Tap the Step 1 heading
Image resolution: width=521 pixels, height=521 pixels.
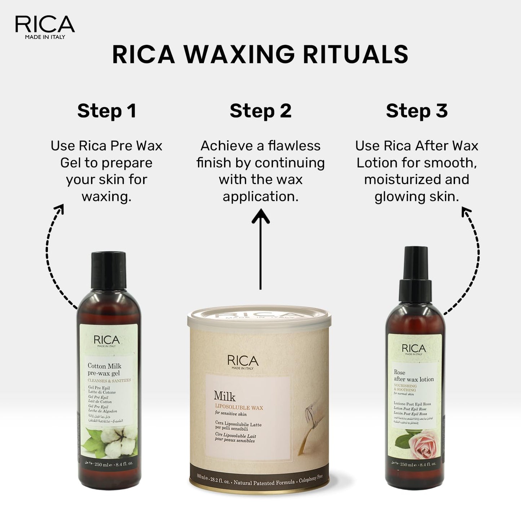click(107, 111)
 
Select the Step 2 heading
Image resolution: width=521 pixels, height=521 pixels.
click(260, 111)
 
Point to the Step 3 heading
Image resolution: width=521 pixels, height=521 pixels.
click(416, 111)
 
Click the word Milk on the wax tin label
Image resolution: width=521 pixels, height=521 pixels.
click(225, 396)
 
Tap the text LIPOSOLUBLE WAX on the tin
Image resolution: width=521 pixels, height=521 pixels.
click(239, 408)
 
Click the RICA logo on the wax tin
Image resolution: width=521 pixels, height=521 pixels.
click(243, 361)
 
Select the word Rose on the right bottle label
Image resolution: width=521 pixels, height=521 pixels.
click(399, 372)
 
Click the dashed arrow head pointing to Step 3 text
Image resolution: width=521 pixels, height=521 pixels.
click(466, 212)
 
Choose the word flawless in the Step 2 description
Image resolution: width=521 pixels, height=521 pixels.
click(294, 146)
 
